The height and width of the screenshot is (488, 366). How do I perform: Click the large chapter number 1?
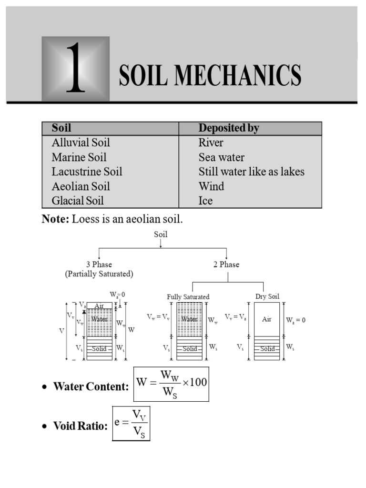(76, 69)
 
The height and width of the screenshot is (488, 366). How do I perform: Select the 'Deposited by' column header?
(229, 128)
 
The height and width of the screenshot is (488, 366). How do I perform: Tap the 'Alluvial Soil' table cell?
(81, 142)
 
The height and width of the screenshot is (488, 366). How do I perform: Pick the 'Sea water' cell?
(222, 157)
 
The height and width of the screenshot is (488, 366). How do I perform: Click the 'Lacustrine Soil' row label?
(87, 172)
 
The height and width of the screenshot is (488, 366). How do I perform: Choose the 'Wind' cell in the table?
(211, 186)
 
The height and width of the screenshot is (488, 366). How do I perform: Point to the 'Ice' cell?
(205, 200)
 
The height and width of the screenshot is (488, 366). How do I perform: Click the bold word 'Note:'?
(55, 219)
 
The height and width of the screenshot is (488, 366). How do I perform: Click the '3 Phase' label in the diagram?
(99, 264)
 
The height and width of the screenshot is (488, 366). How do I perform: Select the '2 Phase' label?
(226, 264)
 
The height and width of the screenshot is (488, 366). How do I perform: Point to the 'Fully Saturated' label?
(188, 296)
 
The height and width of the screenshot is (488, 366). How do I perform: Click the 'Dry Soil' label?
(267, 296)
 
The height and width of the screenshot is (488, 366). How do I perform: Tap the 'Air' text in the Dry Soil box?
(267, 319)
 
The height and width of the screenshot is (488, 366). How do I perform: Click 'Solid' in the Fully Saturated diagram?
(190, 349)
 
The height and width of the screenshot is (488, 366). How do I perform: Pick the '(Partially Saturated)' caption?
(99, 274)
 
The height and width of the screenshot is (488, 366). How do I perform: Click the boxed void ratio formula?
(131, 423)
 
